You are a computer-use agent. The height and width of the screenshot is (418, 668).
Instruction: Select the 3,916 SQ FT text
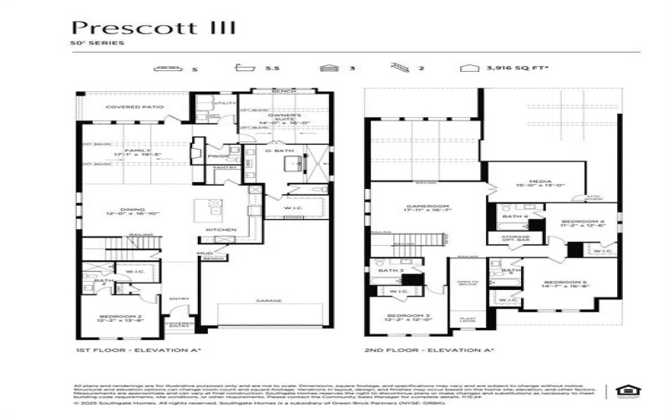(505, 69)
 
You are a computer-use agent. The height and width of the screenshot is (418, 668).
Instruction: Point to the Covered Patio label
(132, 108)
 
